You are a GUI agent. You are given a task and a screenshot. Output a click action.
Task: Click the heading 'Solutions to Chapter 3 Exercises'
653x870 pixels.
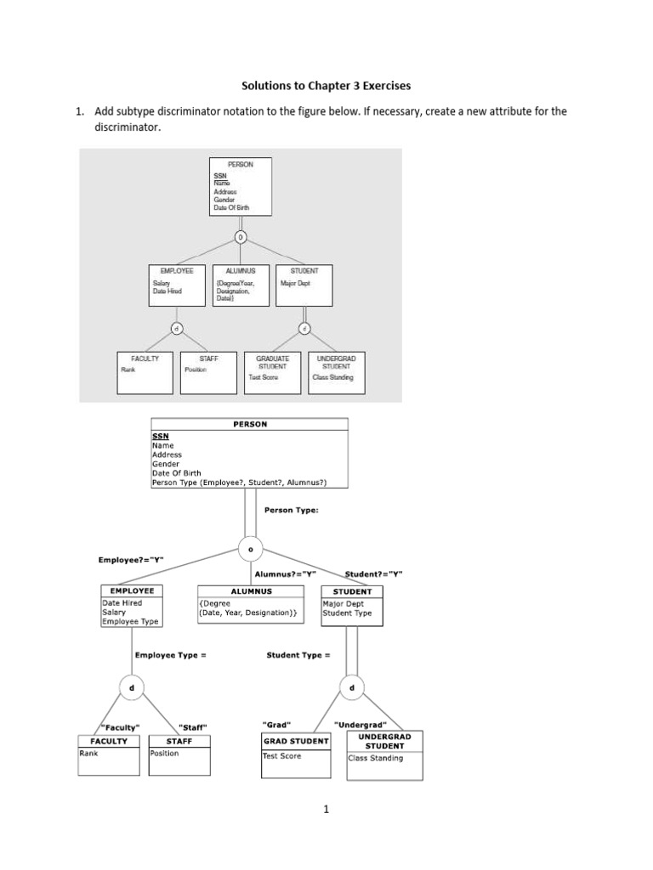coord(326,85)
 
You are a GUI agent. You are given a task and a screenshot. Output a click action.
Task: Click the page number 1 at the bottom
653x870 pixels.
coord(326,810)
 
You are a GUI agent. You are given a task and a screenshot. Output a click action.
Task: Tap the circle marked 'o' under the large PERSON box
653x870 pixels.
coord(250,549)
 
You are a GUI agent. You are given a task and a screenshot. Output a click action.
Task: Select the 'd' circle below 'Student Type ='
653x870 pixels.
coord(351,686)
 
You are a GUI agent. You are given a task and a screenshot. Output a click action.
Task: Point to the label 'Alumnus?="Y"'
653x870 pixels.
coord(292,574)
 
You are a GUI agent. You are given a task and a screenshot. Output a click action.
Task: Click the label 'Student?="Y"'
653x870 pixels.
coord(373,574)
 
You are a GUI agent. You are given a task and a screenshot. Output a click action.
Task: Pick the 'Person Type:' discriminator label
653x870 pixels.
coord(292,511)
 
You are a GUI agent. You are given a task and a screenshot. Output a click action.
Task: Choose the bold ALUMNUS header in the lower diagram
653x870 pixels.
coord(251,591)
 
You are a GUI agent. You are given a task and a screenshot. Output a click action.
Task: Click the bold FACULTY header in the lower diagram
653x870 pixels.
coord(108,741)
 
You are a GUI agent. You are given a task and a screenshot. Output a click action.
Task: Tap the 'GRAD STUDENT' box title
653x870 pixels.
coord(296,741)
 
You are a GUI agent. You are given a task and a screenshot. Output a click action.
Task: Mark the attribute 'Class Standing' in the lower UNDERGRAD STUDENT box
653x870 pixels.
coord(375,758)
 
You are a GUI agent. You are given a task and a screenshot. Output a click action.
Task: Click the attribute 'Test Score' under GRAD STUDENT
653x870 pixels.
coord(282,755)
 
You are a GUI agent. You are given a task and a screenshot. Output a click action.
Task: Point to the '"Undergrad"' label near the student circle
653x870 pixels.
coord(361,725)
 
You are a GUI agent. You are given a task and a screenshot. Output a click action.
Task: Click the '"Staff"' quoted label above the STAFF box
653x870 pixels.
coord(193,727)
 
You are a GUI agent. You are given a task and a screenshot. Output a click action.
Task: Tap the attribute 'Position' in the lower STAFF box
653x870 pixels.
coord(164,753)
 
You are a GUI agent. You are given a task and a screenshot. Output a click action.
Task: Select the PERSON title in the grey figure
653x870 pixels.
coord(241,164)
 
